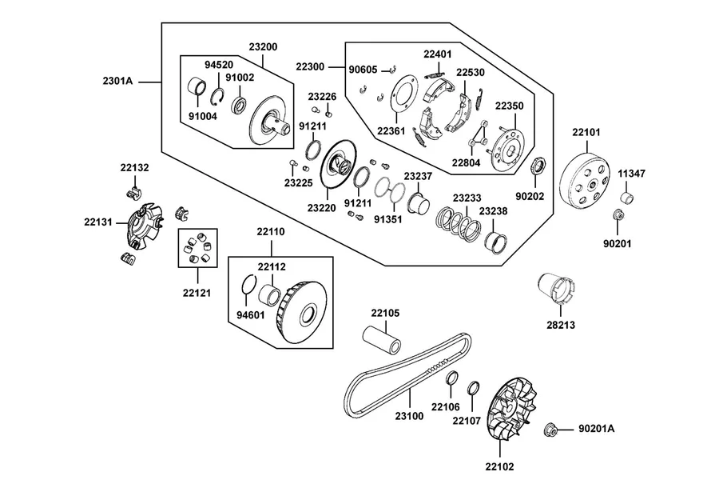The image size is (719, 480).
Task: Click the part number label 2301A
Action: coord(117,82)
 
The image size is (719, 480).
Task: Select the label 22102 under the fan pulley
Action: coord(499,466)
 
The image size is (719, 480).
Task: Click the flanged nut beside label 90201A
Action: coord(550,430)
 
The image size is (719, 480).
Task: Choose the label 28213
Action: coord(560,325)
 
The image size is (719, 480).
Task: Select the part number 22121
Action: coord(197,293)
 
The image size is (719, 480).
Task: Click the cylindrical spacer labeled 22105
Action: coord(382,340)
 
